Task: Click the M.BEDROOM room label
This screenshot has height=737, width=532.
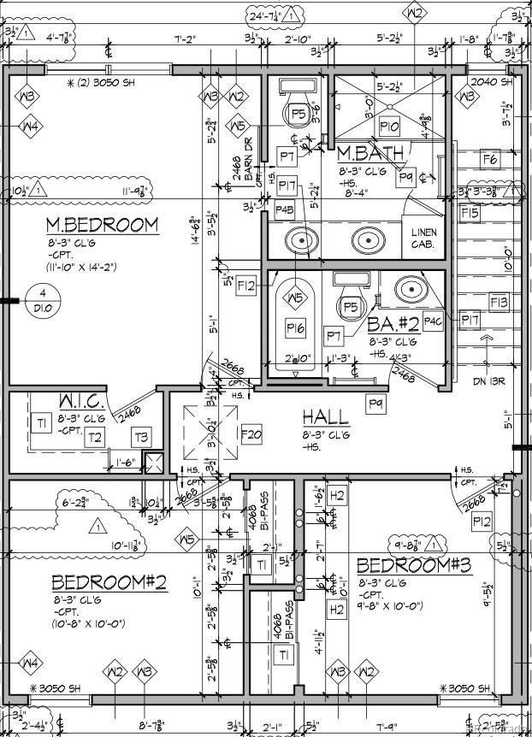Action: (102, 225)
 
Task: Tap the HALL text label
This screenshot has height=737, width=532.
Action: (325, 417)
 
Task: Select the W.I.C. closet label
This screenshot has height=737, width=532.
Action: (81, 401)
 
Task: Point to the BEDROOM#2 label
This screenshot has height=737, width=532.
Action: (109, 582)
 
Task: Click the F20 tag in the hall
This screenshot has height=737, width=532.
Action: (251, 435)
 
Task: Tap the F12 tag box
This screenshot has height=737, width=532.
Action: (247, 286)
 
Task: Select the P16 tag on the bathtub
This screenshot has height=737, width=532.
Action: (296, 327)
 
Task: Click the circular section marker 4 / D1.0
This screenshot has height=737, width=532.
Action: (42, 302)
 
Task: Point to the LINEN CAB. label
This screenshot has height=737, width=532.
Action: (423, 239)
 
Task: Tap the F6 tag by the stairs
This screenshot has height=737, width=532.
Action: (490, 159)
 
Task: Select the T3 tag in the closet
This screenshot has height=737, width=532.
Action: (140, 438)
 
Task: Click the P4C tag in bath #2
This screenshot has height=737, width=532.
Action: (432, 321)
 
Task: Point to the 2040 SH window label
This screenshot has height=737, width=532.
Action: (493, 83)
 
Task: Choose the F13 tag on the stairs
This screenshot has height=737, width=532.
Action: (499, 302)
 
